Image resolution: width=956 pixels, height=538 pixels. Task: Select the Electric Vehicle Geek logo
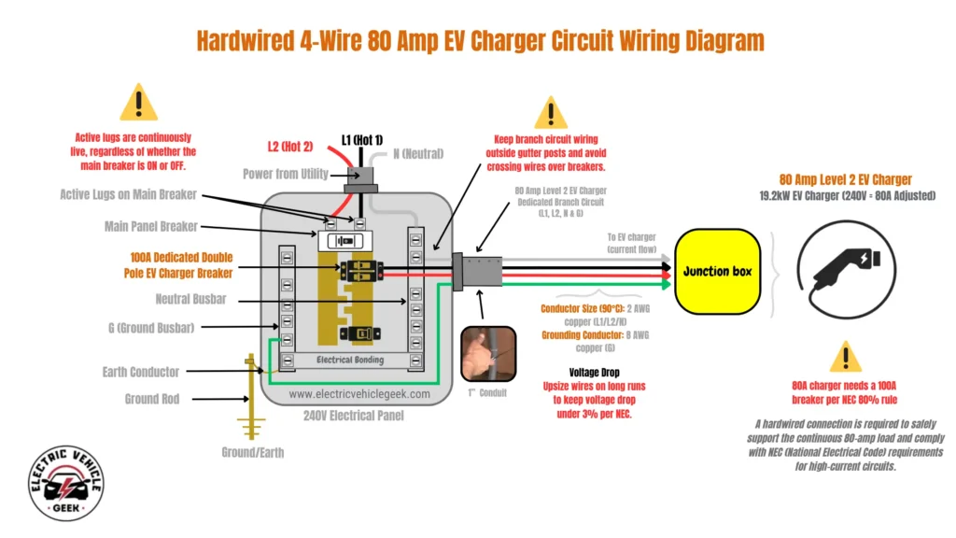pyautogui.click(x=65, y=484)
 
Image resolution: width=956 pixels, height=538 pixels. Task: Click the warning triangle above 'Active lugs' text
pyautogui.click(x=139, y=102)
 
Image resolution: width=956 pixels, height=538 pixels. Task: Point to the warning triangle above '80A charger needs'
pyautogui.click(x=845, y=357)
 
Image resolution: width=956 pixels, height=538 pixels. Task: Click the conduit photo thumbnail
pyautogui.click(x=488, y=354)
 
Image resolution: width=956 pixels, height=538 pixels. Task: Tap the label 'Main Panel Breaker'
pyautogui.click(x=156, y=227)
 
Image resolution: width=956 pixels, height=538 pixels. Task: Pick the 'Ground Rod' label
pyautogui.click(x=152, y=399)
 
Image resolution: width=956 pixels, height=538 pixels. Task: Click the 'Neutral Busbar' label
pyautogui.click(x=191, y=300)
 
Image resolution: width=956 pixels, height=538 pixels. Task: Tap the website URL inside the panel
pyautogui.click(x=359, y=394)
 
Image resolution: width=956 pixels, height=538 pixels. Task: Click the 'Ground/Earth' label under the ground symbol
pyautogui.click(x=253, y=453)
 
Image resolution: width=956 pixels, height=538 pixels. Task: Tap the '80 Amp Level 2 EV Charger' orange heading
pyautogui.click(x=845, y=179)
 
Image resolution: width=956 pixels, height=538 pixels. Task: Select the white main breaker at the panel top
pyautogui.click(x=346, y=241)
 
